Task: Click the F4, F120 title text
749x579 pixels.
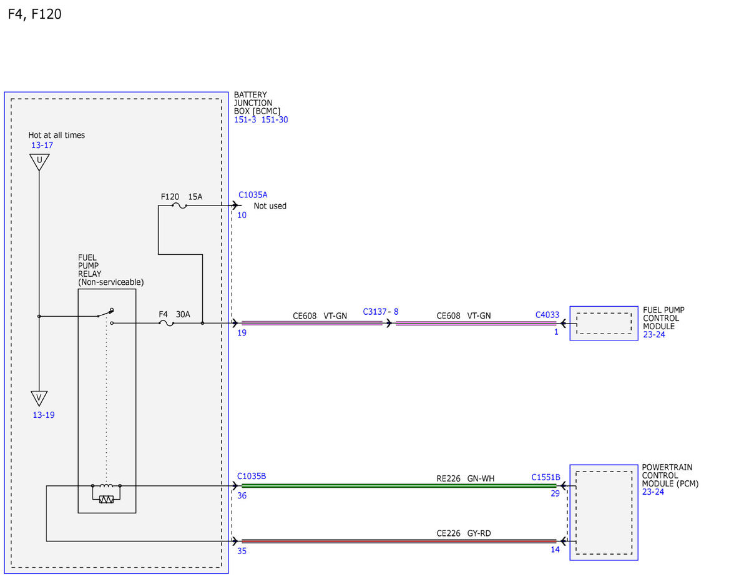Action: [34, 14]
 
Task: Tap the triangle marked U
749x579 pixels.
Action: [39, 162]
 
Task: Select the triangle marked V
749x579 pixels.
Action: [39, 398]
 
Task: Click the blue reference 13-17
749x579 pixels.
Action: [42, 145]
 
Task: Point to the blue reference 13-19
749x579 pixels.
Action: [44, 415]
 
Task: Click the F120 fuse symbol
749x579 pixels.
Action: [179, 206]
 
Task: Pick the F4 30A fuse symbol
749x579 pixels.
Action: [167, 324]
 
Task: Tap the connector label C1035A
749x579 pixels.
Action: [253, 195]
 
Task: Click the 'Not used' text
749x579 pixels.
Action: [270, 206]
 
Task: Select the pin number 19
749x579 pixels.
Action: [242, 333]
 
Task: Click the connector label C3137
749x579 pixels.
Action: [374, 312]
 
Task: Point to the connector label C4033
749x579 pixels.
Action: [547, 315]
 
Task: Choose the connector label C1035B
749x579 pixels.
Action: [252, 476]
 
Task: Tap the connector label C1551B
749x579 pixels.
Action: [546, 477]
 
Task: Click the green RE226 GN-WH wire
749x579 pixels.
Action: [399, 486]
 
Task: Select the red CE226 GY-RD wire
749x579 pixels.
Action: [399, 541]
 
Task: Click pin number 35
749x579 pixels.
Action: [242, 551]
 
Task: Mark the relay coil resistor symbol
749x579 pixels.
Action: [106, 499]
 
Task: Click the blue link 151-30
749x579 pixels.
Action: [275, 120]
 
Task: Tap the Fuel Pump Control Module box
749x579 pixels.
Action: [604, 324]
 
